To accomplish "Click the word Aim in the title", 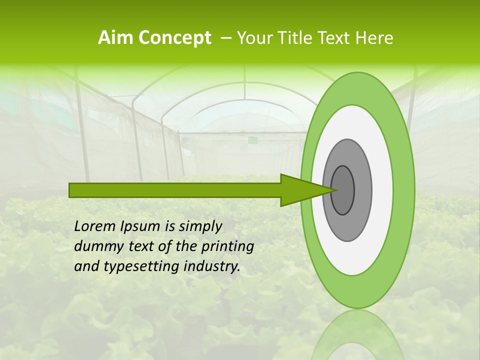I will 115,38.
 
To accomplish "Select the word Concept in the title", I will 174,38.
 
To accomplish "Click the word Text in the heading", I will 336,38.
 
